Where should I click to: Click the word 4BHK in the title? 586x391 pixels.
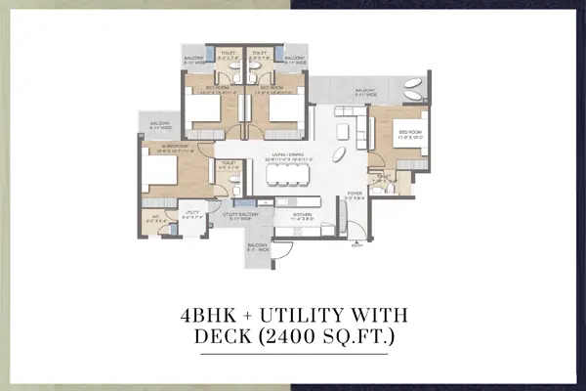214,315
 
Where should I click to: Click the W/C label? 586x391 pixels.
151,214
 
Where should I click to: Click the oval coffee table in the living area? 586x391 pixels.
336,155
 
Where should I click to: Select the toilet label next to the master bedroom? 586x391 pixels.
228,165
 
